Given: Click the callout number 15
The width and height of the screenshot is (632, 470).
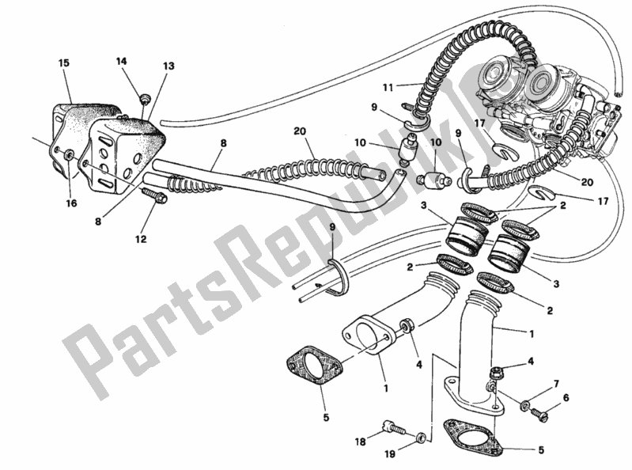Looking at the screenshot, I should [x=64, y=62].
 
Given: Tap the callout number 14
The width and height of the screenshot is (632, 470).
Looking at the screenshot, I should [x=121, y=61].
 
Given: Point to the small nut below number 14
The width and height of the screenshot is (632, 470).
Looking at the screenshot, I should [x=144, y=99].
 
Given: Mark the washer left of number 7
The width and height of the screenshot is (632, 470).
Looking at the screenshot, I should [x=525, y=406].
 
